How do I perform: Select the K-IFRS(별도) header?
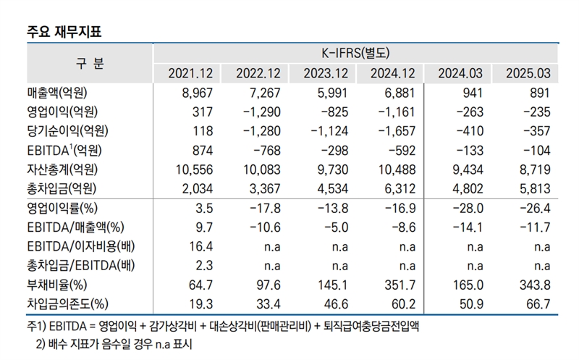(x=355, y=53)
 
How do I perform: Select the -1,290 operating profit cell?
(x=264, y=112)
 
